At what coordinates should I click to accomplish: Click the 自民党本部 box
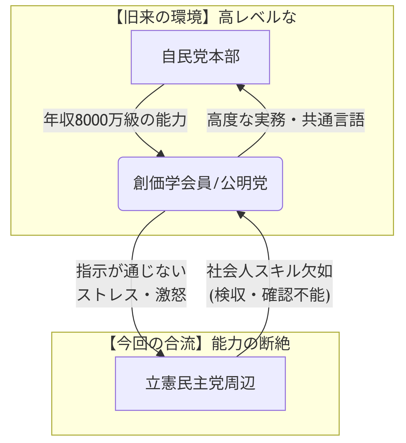tap(200, 57)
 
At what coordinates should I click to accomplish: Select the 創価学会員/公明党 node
tap(200, 184)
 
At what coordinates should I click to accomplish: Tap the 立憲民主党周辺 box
tap(200, 383)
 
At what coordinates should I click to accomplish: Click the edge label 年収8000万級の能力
tap(115, 120)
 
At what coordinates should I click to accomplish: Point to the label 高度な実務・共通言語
tap(285, 120)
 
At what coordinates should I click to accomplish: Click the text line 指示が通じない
tap(131, 271)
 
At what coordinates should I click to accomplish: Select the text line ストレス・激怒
tap(131, 295)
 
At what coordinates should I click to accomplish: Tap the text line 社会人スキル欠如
tap(269, 271)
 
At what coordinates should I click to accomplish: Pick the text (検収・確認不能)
tap(269, 295)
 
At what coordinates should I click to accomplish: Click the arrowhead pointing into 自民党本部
tap(240, 87)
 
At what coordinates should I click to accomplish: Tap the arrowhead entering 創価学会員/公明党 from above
tap(161, 154)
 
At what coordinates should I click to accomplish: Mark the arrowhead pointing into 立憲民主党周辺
tap(161, 353)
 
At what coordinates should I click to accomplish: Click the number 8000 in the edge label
tap(91, 120)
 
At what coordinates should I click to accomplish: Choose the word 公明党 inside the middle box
tap(244, 184)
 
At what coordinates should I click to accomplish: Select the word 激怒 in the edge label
tap(171, 295)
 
